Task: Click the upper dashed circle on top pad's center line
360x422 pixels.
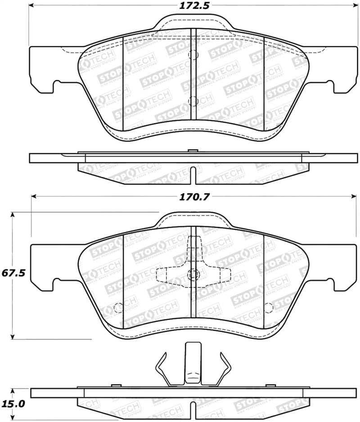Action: click(193, 55)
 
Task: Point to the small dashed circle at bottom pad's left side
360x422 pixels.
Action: click(118, 308)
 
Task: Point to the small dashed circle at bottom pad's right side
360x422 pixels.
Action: click(269, 308)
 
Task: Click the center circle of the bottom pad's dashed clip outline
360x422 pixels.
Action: click(193, 274)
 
